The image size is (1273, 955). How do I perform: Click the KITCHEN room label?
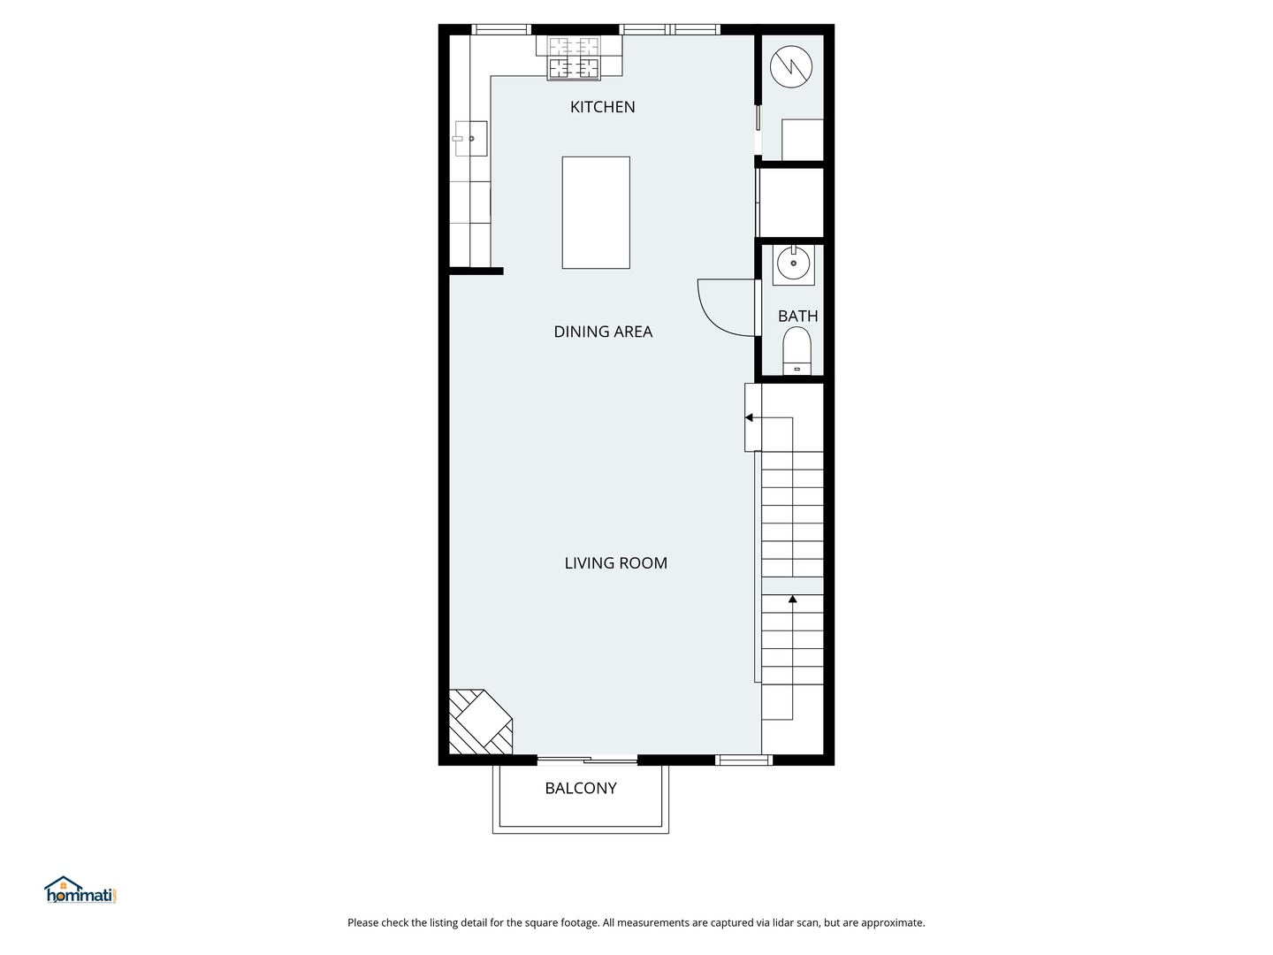[602, 107]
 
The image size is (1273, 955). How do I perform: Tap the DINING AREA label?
[603, 332]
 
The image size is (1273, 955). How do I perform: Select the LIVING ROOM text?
[615, 563]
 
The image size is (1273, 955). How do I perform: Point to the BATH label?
[797, 316]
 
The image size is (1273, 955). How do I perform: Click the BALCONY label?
[580, 788]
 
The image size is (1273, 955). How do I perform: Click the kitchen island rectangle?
[596, 212]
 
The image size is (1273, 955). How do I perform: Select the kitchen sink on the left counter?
[470, 139]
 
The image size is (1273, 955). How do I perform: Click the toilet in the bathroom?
[797, 350]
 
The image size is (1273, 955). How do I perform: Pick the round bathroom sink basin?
[793, 263]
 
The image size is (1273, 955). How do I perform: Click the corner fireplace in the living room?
[479, 722]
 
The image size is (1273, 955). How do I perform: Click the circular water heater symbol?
[790, 66]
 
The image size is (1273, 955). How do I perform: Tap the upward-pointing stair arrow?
[793, 600]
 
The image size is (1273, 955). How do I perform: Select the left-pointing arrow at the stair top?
[749, 417]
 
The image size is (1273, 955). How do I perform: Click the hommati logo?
[80, 890]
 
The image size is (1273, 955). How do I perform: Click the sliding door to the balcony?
[587, 759]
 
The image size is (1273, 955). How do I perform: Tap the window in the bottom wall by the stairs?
[743, 760]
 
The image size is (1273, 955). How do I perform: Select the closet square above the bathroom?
[791, 202]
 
